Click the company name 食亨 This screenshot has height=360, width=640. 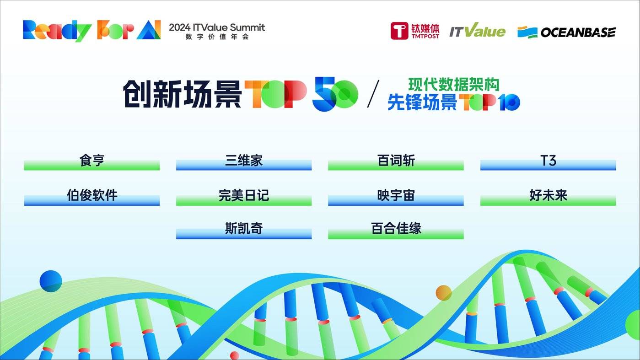pos(92,161)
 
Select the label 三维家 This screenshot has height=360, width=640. pos(244,161)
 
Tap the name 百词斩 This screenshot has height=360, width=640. pos(396,161)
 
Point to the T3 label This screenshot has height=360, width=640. pos(548,161)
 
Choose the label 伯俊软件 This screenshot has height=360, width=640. pos(92,196)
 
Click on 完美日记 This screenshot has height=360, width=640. pos(244,196)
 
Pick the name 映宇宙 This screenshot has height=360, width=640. pos(396,196)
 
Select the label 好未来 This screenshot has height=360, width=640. pos(548,196)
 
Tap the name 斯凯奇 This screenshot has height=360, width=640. pos(244,228)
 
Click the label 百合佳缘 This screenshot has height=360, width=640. pos(396,228)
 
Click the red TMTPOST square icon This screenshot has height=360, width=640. pos(399,31)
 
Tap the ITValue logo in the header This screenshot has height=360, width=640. pos(477,31)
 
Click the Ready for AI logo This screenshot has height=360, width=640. pos(91,30)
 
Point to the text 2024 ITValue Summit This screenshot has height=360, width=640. pos(217,27)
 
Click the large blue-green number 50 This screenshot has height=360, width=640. pos(335,95)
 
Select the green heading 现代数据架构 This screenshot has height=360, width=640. pos(453,84)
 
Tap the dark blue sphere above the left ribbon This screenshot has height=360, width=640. pos(51,281)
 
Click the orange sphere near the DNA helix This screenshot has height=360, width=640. pos(443,293)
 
